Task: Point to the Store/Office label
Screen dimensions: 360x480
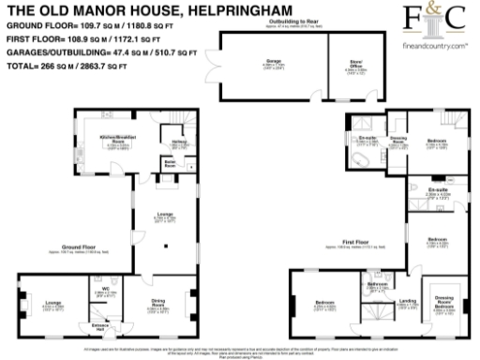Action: coord(356,65)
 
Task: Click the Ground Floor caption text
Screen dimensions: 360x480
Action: coord(68,248)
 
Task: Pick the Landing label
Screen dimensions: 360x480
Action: coord(408,302)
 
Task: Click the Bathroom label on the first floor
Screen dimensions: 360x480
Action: coord(377,284)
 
